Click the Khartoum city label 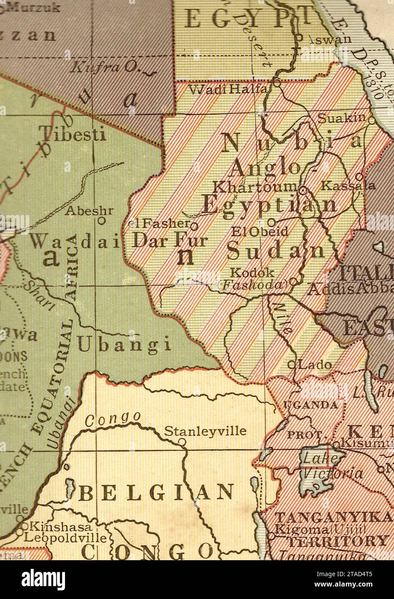pyautogui.click(x=255, y=187)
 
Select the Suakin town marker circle pyautogui.click(x=372, y=121)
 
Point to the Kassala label pyautogui.click(x=349, y=186)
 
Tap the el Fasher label pyautogui.click(x=159, y=224)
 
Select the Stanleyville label pyautogui.click(x=205, y=431)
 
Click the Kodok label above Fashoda pyautogui.click(x=252, y=272)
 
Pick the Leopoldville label pyautogui.click(x=65, y=538)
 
